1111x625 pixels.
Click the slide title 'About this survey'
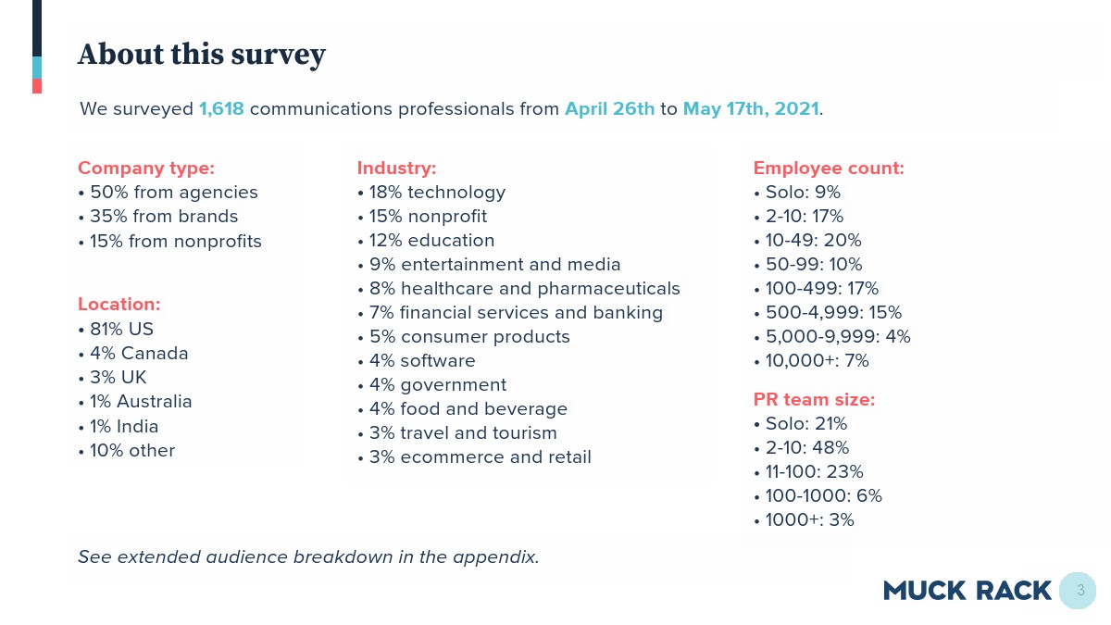pyautogui.click(x=202, y=55)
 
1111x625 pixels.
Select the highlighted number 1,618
pyautogui.click(x=221, y=108)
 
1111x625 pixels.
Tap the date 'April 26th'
pyautogui.click(x=609, y=108)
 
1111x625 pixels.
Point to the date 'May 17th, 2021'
pyautogui.click(x=751, y=108)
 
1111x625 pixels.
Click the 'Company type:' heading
pyautogui.click(x=146, y=169)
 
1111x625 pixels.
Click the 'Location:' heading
pyautogui.click(x=119, y=305)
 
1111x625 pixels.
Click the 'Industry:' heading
pyautogui.click(x=396, y=169)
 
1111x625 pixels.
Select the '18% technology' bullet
pyautogui.click(x=431, y=193)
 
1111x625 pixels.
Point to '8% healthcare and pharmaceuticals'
pyautogui.click(x=518, y=289)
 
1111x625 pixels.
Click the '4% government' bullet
pyautogui.click(x=431, y=385)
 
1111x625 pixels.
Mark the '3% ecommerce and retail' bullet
pyautogui.click(x=474, y=457)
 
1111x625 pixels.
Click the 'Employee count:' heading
pyautogui.click(x=829, y=169)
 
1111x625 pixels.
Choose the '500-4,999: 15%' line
pyautogui.click(x=828, y=313)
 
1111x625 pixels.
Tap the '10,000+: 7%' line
pyautogui.click(x=811, y=361)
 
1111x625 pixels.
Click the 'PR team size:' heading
pyautogui.click(x=814, y=400)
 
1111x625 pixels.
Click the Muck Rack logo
pyautogui.click(x=967, y=591)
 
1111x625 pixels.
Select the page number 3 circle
pyautogui.click(x=1079, y=590)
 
